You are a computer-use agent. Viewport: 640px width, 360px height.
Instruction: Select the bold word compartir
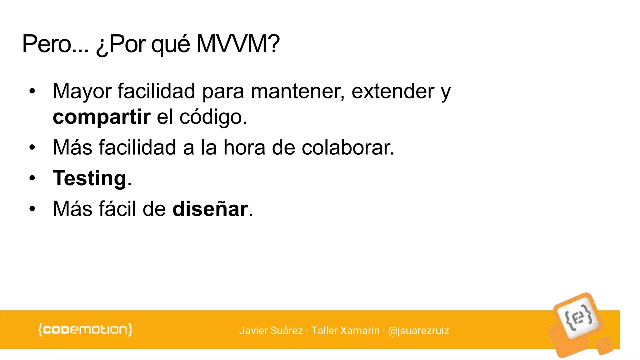pyautogui.click(x=102, y=117)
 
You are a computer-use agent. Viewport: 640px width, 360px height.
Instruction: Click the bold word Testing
pyautogui.click(x=90, y=178)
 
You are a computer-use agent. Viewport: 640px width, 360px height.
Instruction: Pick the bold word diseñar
pyautogui.click(x=210, y=209)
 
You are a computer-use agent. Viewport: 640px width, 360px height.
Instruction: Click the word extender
pyautogui.click(x=393, y=91)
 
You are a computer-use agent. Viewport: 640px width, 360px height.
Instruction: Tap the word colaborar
pyautogui.click(x=348, y=147)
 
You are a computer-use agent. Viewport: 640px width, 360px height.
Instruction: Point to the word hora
pyautogui.click(x=244, y=147)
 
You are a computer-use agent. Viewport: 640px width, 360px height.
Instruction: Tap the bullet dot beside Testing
pyautogui.click(x=32, y=178)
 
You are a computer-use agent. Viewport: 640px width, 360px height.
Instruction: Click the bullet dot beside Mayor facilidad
pyautogui.click(x=32, y=92)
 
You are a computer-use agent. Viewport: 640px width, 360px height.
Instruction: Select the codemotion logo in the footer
pyautogui.click(x=85, y=330)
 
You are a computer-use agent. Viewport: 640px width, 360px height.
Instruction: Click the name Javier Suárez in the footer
pyautogui.click(x=271, y=331)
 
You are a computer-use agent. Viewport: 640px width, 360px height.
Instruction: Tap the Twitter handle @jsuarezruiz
pyautogui.click(x=418, y=331)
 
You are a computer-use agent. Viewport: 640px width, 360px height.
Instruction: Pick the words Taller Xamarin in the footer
pyautogui.click(x=345, y=331)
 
